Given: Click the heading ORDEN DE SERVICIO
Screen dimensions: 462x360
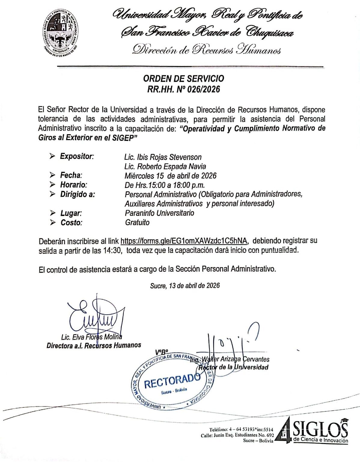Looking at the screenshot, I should click(183, 79).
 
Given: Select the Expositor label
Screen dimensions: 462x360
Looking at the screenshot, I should click(77, 156).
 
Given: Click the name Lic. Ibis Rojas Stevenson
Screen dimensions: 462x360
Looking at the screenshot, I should click(163, 157).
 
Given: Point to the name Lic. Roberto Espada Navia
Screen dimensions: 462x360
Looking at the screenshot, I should click(165, 166).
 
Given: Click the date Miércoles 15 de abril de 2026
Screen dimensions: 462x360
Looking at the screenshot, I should click(170, 176).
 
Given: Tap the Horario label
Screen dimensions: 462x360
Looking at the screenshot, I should click(73, 185).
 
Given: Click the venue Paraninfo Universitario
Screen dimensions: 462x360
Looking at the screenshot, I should click(159, 213).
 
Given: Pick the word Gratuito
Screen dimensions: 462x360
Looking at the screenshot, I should click(137, 222).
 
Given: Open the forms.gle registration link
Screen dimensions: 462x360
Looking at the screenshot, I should click(184, 241).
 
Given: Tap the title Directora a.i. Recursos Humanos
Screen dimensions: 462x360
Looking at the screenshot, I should click(93, 345).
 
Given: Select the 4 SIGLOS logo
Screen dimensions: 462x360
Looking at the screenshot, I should click(313, 429).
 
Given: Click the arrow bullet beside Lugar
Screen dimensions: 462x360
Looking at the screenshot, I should click(53, 213).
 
